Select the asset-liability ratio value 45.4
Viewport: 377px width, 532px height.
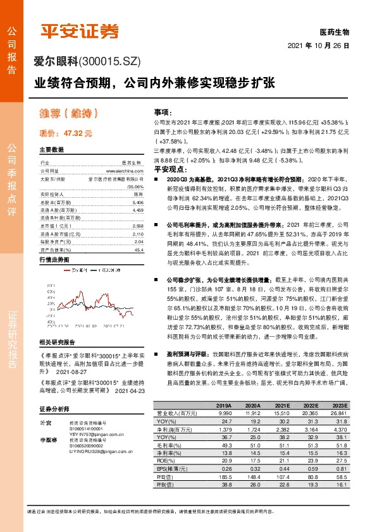click(x=139, y=232)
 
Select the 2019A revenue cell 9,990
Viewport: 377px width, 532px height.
click(x=224, y=413)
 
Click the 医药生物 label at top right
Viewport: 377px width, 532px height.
click(x=334, y=32)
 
